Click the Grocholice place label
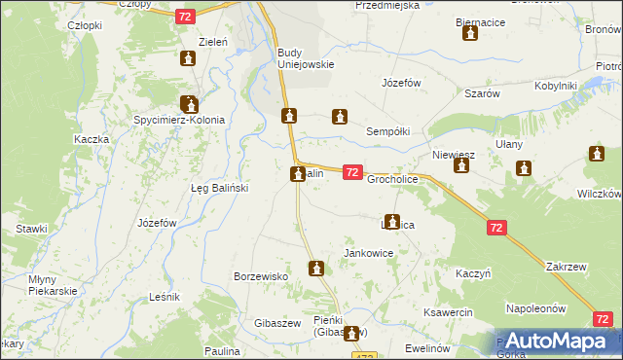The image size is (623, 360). tap(392, 180)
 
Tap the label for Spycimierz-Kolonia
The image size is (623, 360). tap(179, 121)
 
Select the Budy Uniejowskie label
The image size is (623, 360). tap(306, 58)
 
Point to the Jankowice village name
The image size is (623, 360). tap(369, 253)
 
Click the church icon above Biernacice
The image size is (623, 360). tap(470, 34)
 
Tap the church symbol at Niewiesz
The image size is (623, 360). tap(460, 166)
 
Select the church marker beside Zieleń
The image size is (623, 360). tap(189, 60)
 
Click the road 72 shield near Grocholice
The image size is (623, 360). tap(353, 172)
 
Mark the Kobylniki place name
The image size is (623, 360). tap(555, 86)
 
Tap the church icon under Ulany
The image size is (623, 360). tap(525, 169)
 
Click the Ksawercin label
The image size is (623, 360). tap(449, 312)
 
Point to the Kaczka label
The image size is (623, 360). tap(91, 139)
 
